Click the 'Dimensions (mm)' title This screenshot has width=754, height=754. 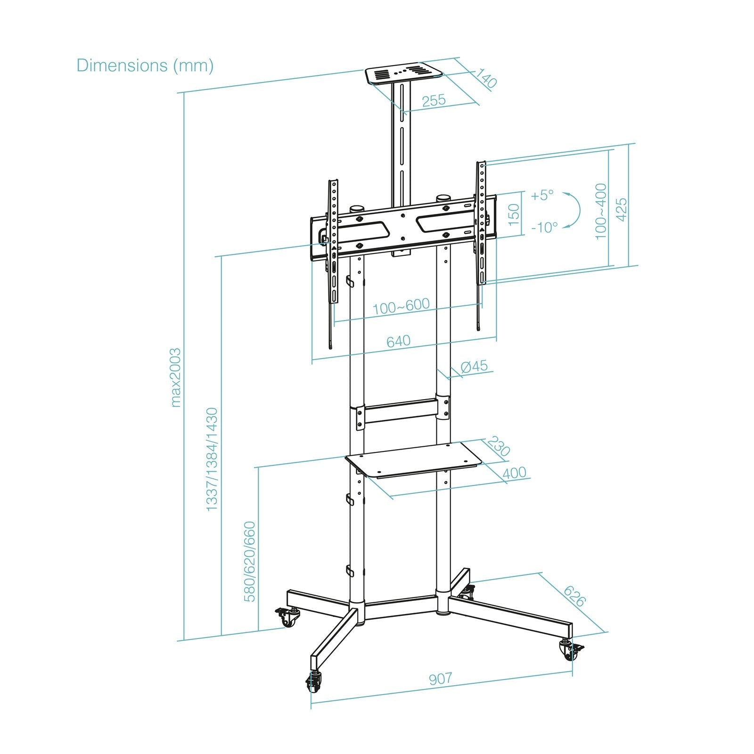coord(145,65)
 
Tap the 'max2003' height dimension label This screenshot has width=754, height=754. coord(175,377)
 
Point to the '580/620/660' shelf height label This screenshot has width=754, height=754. coord(250,561)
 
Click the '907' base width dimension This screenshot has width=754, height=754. coord(440,679)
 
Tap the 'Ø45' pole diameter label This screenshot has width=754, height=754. coord(474,366)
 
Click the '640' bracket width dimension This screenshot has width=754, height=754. coord(398,340)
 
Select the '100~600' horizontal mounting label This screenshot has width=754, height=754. coord(401,306)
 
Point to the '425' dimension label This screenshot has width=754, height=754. coord(622,209)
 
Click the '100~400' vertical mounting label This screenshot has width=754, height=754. coord(601,211)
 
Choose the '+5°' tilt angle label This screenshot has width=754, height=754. coord(542,195)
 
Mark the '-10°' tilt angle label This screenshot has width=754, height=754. coord(544,228)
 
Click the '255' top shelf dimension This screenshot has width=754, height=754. coord(434,100)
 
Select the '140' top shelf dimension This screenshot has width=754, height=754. coord(486,78)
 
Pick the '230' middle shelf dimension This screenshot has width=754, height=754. coord(498,446)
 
